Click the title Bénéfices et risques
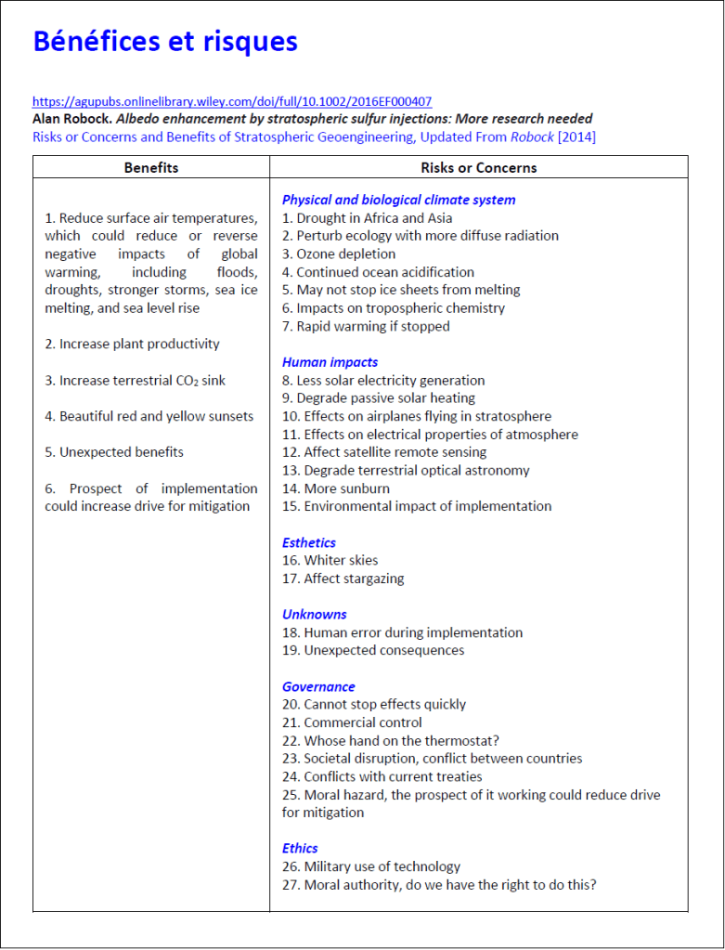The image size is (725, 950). [164, 42]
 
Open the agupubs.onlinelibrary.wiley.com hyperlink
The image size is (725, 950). [231, 101]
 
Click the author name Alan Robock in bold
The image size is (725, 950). [71, 119]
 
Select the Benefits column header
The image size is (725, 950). [151, 168]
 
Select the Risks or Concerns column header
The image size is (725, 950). [478, 168]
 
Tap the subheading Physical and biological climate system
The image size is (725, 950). [398, 200]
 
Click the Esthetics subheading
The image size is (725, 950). [309, 542]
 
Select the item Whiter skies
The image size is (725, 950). [330, 560]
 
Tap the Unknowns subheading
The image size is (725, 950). [314, 614]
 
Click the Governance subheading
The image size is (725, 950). [318, 686]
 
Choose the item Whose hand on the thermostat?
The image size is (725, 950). [391, 740]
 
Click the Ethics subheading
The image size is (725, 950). [300, 848]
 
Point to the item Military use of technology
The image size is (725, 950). [371, 866]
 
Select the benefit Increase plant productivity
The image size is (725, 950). [133, 344]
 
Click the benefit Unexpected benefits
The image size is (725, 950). [114, 452]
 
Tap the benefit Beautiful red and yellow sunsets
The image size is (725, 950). [149, 416]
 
